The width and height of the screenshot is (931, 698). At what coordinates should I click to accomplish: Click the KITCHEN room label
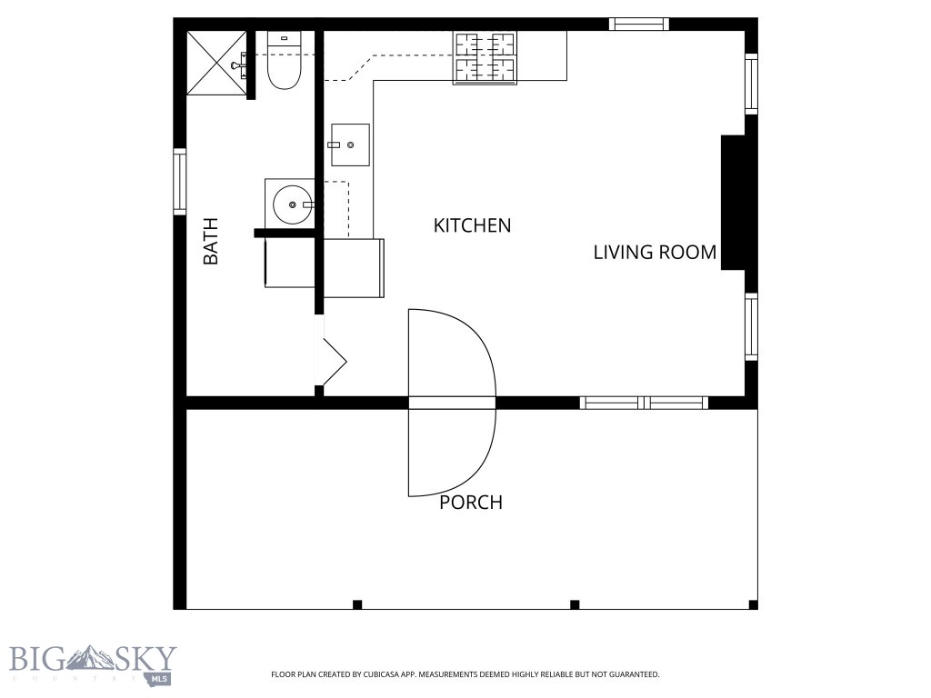[472, 225]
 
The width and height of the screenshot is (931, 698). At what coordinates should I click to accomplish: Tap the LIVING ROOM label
[655, 253]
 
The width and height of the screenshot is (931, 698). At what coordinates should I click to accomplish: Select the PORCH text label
[471, 503]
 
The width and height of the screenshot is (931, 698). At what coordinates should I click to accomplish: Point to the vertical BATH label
[211, 241]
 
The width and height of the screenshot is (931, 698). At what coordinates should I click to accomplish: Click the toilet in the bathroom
[285, 64]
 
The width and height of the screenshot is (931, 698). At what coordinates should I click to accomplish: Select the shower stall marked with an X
[215, 63]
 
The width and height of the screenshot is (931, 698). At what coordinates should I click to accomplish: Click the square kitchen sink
[350, 145]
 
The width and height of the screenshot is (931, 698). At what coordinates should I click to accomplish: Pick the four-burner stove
[485, 57]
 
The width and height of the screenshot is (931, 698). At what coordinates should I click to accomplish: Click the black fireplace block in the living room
[734, 202]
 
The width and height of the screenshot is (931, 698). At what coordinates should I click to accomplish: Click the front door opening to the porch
[452, 403]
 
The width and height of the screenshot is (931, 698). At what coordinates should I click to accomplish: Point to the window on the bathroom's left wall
[180, 182]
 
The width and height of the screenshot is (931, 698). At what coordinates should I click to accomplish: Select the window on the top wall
[638, 25]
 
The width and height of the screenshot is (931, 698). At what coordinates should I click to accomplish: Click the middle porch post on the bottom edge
[574, 604]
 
